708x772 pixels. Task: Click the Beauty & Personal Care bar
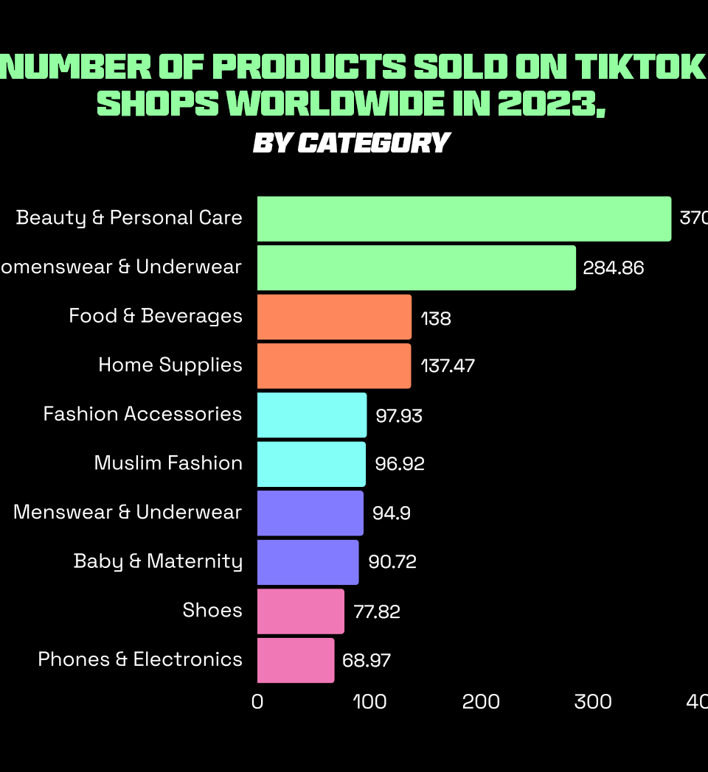tap(464, 219)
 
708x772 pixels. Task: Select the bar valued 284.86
tap(416, 268)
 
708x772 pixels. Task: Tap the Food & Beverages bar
tap(334, 317)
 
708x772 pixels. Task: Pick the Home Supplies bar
tap(334, 366)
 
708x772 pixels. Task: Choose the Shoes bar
tap(301, 611)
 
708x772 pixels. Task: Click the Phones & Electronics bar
tap(296, 660)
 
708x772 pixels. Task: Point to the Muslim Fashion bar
tap(311, 464)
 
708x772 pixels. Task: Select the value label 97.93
tap(399, 415)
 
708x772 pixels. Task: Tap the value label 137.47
tap(448, 366)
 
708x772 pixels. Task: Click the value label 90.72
tap(392, 562)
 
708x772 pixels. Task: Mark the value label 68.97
tap(367, 660)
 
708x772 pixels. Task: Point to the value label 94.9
tap(392, 513)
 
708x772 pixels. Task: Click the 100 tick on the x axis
tap(369, 702)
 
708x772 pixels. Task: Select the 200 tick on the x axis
tap(481, 702)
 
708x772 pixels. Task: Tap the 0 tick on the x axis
tap(257, 702)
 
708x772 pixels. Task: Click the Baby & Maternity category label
tap(158, 561)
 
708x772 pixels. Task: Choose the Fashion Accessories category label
tap(142, 414)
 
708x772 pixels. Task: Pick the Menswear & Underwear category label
tap(128, 512)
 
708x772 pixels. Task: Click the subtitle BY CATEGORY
tap(351, 143)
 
